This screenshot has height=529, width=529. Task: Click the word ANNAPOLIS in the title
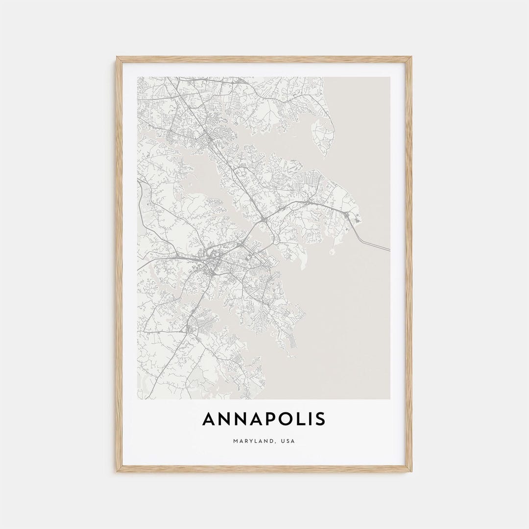click(x=264, y=419)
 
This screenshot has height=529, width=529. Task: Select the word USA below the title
click(x=288, y=441)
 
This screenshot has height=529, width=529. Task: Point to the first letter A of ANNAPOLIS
click(x=209, y=419)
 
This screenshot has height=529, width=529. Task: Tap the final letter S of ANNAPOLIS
click(x=320, y=419)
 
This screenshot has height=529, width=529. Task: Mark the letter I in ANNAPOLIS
click(x=307, y=419)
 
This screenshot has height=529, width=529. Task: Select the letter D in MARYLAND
click(x=272, y=441)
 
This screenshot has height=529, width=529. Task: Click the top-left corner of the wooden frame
click(x=117, y=57)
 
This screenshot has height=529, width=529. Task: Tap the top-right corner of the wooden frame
click(x=411, y=57)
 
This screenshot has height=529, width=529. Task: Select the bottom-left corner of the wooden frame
click(x=117, y=472)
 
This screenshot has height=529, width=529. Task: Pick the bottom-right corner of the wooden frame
click(x=411, y=472)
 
